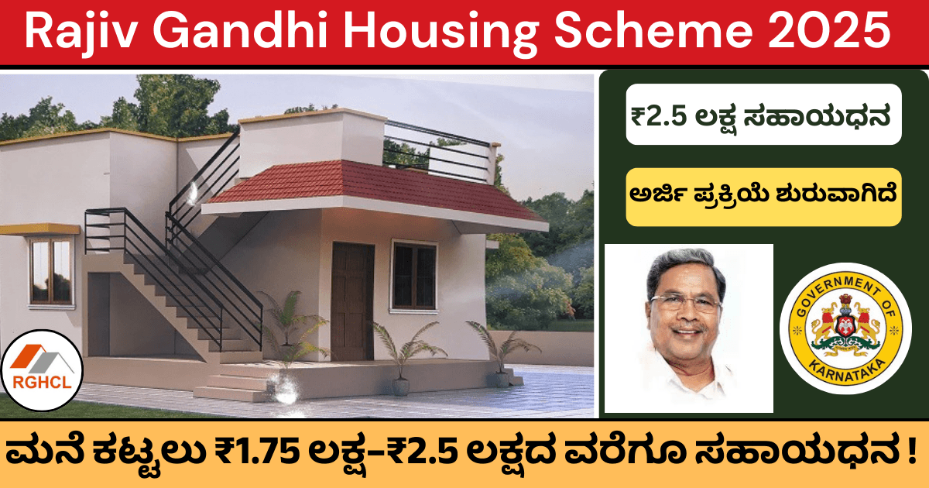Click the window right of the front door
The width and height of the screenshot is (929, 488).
pos(414,275)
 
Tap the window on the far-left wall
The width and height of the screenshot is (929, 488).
pos(50,270)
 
